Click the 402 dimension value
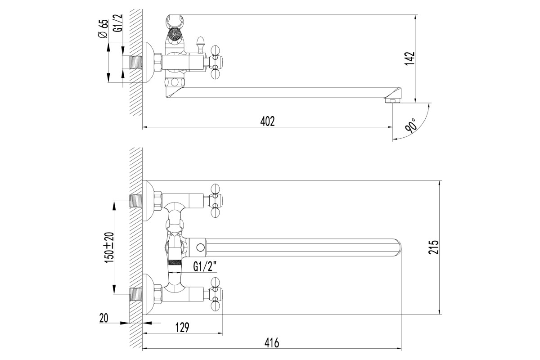click(267, 121)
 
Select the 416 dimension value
click(272, 342)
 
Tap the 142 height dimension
click(409, 58)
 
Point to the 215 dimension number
click(434, 247)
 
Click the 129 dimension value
click(182, 327)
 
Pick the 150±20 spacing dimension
click(109, 247)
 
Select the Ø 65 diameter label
click(103, 28)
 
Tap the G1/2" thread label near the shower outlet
click(204, 266)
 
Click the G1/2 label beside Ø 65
click(119, 23)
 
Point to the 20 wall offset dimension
click(103, 318)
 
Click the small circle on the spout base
click(200, 247)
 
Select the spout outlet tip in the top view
click(393, 100)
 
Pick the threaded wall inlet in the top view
click(136, 62)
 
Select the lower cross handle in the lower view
click(216, 294)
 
